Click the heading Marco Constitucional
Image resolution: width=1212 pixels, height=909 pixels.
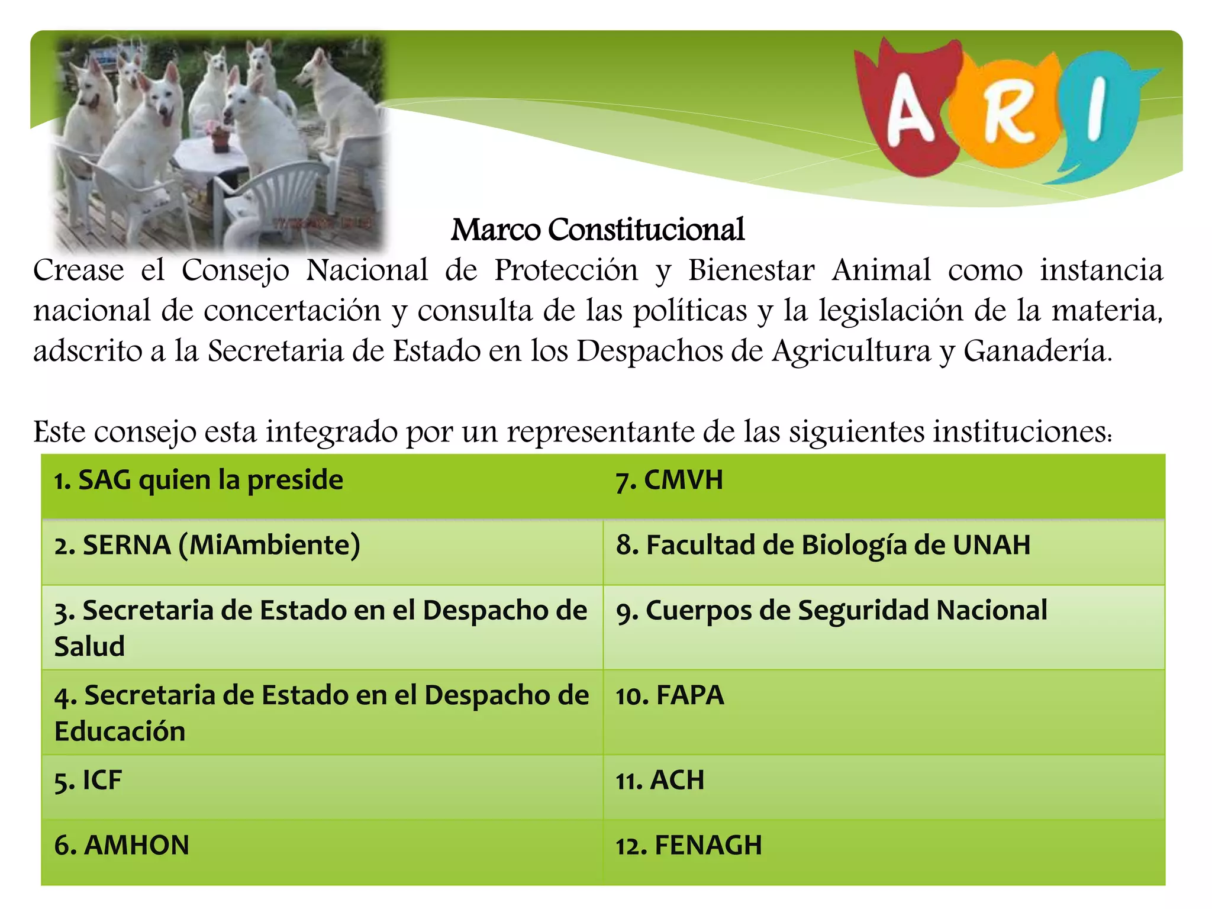tap(598, 230)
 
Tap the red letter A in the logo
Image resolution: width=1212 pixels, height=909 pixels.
tap(910, 113)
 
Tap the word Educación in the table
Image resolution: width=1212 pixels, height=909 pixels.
tap(120, 731)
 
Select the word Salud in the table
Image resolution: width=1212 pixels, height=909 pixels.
tap(90, 646)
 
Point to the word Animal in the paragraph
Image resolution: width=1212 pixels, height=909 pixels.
tap(881, 270)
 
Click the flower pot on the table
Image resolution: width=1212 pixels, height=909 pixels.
tap(221, 138)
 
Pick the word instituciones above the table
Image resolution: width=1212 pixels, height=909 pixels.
tap(1023, 431)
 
